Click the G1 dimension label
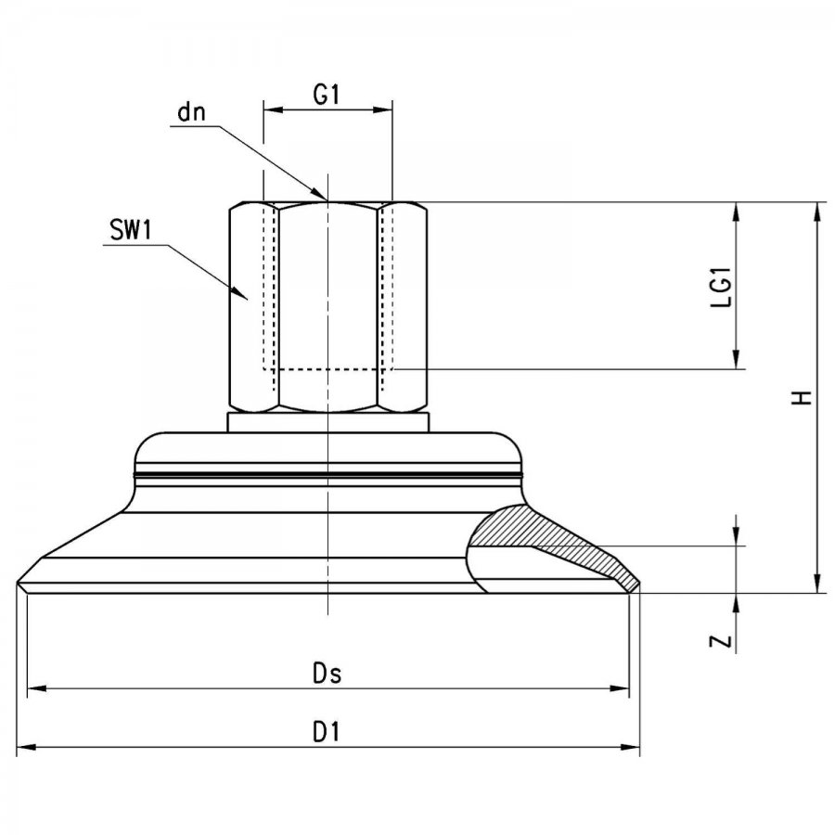pyautogui.click(x=326, y=95)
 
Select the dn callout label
pyautogui.click(x=191, y=112)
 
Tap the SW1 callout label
pyautogui.click(x=131, y=230)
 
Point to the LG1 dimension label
pyautogui.click(x=722, y=286)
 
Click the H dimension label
pyautogui.click(x=802, y=397)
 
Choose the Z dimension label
pyautogui.click(x=721, y=641)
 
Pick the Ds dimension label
pyautogui.click(x=327, y=674)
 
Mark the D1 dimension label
pyautogui.click(x=326, y=732)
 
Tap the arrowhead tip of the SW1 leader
pyautogui.click(x=248, y=301)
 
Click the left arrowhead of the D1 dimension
pyautogui.click(x=18, y=747)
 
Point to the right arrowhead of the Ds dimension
pyautogui.click(x=629, y=688)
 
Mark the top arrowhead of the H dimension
pyautogui.click(x=816, y=203)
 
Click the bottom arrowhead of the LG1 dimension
pyautogui.click(x=737, y=368)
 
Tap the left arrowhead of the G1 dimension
pyautogui.click(x=264, y=110)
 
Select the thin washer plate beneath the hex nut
pyautogui.click(x=328, y=422)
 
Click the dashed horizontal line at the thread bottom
pyautogui.click(x=328, y=368)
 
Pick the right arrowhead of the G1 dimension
pyautogui.click(x=392, y=110)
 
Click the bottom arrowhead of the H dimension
pyautogui.click(x=816, y=592)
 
